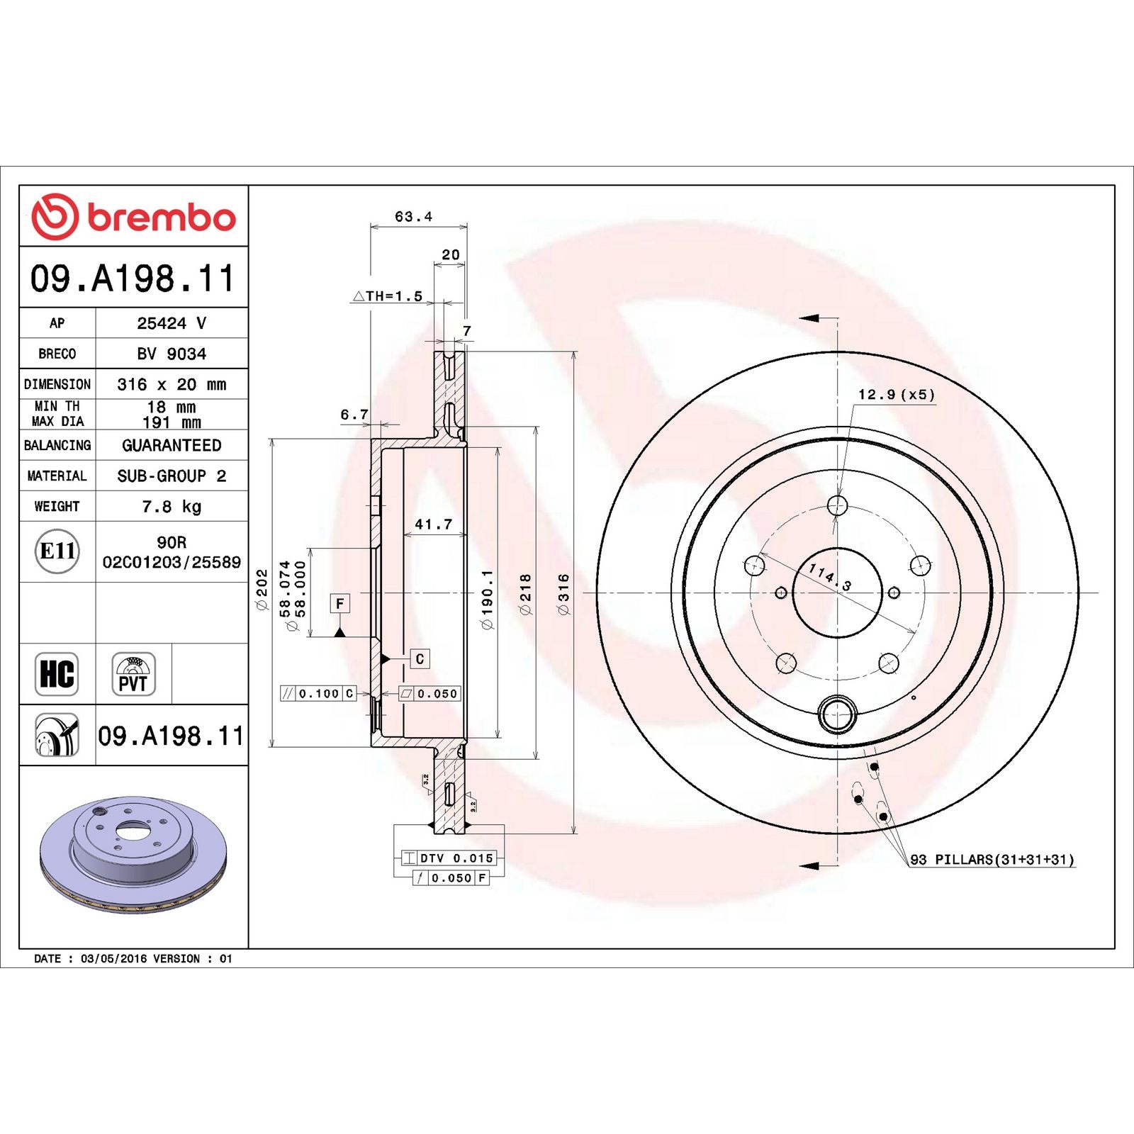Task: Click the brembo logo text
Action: (x=161, y=218)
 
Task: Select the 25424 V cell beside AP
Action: (x=172, y=323)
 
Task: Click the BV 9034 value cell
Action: (x=172, y=354)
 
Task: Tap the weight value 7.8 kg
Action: (x=172, y=507)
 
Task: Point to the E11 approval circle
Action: (x=57, y=551)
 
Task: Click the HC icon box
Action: (x=57, y=673)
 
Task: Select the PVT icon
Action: (x=133, y=674)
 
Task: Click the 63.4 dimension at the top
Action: (x=413, y=217)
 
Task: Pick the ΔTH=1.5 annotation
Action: (x=388, y=296)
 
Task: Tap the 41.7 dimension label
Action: (x=433, y=524)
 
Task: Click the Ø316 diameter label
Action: (x=563, y=594)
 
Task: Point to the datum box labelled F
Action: (x=340, y=603)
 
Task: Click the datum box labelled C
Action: (x=420, y=659)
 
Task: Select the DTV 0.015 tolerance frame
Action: (x=449, y=858)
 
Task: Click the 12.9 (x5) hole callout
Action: (x=897, y=395)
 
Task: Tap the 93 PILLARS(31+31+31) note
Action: (x=992, y=860)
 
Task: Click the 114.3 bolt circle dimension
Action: (x=829, y=577)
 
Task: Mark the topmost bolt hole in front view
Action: (x=838, y=505)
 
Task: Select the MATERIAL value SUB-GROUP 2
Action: (x=172, y=476)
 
